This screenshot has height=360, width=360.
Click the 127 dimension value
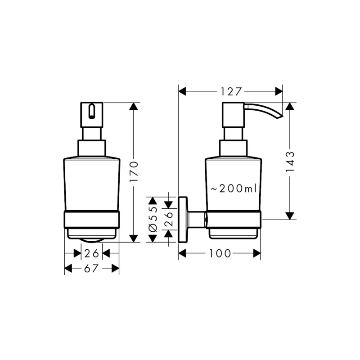pos(231,92)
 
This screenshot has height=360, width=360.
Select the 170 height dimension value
pos(134,171)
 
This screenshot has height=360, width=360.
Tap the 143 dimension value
pos(290,162)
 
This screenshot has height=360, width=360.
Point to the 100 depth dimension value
pos(220,253)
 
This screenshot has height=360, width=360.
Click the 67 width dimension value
pos(91,268)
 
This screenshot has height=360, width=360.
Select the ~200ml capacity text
pos(234,189)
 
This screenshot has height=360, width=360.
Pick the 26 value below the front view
pos(92,253)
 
